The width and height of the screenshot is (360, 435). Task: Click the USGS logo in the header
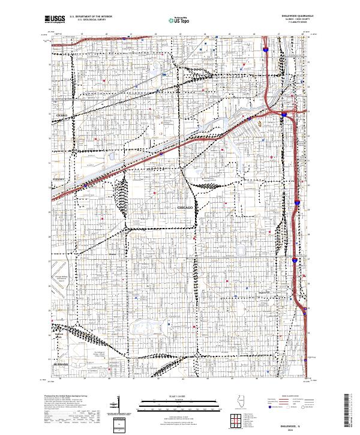tap(55, 19)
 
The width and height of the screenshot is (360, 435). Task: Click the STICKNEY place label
tap(59, 178)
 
